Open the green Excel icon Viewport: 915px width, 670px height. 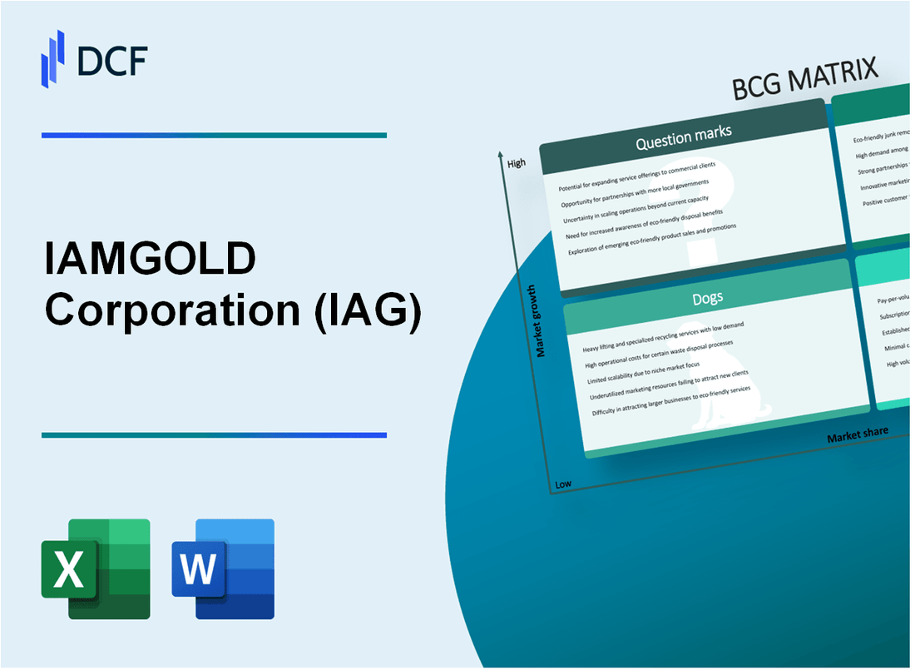point(96,568)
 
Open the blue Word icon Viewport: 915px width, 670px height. point(223,568)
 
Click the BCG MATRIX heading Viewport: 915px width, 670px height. point(805,81)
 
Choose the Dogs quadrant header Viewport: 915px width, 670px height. point(708,297)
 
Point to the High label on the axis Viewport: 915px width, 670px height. point(516,163)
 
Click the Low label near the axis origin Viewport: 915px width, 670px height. point(563,484)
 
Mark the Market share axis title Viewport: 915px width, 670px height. point(857,434)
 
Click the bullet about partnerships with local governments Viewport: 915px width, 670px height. point(635,192)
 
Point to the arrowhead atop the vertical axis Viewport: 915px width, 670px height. point(500,155)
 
